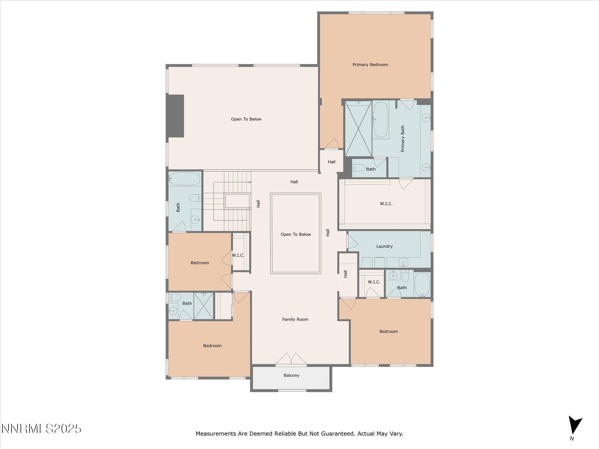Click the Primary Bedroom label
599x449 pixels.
point(370,65)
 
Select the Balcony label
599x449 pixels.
point(291,375)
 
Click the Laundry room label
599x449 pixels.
point(384,246)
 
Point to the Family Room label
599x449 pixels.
point(295,320)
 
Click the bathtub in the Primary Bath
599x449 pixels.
point(381,120)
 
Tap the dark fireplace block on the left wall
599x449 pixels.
point(175,116)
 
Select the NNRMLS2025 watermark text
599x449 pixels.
point(41,429)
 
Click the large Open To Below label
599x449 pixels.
point(246,119)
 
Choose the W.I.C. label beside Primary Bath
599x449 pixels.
point(386,204)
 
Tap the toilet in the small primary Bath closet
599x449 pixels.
point(358,168)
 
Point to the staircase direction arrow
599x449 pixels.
point(250,182)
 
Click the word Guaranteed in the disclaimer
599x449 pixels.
point(338,434)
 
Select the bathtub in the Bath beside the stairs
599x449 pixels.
point(185,179)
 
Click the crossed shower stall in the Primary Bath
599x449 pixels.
point(358,129)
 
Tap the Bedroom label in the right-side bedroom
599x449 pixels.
point(388,331)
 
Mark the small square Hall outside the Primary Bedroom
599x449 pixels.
point(331,162)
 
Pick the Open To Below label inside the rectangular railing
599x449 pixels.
point(295,234)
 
